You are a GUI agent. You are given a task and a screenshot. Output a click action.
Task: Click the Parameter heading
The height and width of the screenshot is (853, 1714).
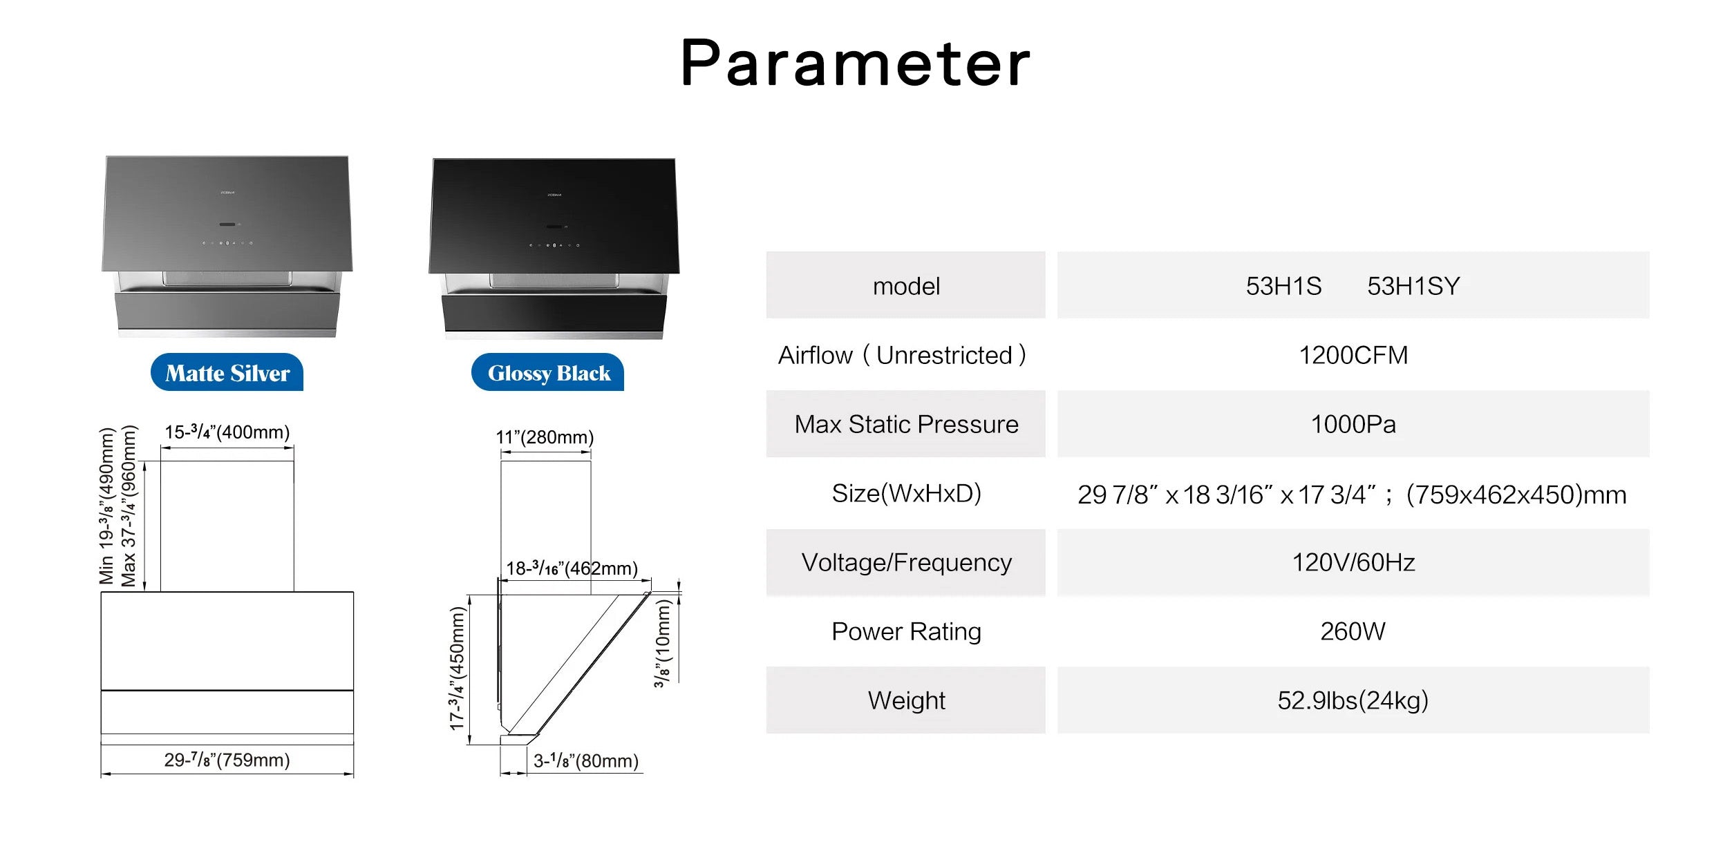click(856, 64)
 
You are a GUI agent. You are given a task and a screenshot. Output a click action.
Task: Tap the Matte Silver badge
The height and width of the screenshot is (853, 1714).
click(227, 372)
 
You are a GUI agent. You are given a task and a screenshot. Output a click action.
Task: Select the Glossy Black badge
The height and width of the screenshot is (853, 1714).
click(548, 372)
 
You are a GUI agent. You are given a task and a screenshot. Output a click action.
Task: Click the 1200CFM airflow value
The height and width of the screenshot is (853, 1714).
click(1353, 355)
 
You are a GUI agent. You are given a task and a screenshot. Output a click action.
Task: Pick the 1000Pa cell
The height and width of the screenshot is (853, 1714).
click(1353, 424)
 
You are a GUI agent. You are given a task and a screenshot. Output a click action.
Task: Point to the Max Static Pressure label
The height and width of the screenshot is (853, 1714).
click(906, 424)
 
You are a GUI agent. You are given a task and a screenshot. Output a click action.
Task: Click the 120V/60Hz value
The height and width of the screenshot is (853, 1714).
click(1353, 562)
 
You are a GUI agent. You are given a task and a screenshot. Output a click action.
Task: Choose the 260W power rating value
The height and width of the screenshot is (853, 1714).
click(1353, 631)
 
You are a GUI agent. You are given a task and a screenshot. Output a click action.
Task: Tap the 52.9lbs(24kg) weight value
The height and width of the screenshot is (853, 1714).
click(1353, 700)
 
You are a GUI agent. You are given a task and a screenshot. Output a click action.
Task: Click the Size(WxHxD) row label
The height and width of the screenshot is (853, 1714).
click(906, 493)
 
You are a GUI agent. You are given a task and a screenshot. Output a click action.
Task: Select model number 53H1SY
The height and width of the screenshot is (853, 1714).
click(1413, 286)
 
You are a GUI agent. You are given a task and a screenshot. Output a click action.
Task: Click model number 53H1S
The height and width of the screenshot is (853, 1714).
click(1283, 286)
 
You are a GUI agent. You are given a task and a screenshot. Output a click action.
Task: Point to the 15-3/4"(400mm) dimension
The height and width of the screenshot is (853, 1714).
click(227, 432)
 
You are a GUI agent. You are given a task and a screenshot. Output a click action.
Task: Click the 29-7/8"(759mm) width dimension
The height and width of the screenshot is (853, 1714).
click(227, 760)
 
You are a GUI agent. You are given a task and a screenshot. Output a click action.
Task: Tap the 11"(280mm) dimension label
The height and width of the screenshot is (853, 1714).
click(545, 437)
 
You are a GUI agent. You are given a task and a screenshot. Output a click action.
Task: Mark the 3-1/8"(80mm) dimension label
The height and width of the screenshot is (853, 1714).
click(586, 760)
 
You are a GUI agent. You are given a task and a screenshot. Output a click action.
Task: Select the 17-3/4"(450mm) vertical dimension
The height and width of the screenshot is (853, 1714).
click(458, 668)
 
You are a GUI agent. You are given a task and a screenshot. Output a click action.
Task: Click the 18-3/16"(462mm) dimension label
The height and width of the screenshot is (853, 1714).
click(572, 568)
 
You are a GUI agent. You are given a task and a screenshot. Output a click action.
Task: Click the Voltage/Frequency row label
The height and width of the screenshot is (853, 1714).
click(906, 562)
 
